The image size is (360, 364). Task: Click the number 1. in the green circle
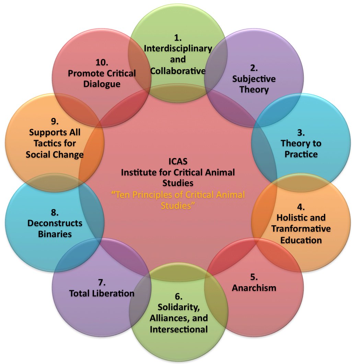(x=178, y=37)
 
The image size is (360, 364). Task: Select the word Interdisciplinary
(x=178, y=48)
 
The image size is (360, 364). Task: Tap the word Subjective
(x=254, y=79)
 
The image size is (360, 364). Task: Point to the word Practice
(x=301, y=154)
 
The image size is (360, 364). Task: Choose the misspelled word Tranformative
(x=301, y=229)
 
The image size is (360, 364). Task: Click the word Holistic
(x=291, y=218)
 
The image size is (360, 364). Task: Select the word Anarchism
(x=254, y=288)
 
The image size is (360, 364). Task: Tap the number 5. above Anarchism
(x=254, y=277)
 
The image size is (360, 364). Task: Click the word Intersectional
(x=178, y=329)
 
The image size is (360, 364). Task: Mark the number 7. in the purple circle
(x=102, y=282)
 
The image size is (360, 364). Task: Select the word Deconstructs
(x=55, y=223)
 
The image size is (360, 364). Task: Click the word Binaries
(x=55, y=234)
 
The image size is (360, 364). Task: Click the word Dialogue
(x=102, y=84)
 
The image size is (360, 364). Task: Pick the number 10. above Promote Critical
(x=102, y=62)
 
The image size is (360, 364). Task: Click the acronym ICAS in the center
(x=178, y=161)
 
